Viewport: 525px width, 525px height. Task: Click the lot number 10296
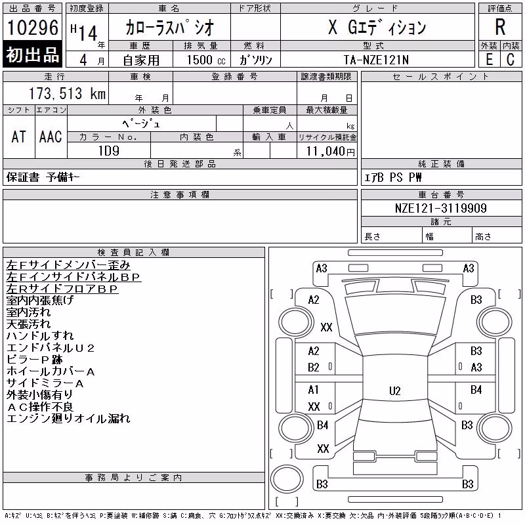click(x=33, y=28)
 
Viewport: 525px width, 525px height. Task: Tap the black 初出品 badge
click(x=32, y=54)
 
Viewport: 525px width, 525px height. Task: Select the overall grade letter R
click(x=500, y=27)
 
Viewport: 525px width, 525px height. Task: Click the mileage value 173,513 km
click(x=67, y=93)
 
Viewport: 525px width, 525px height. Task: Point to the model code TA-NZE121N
click(x=376, y=60)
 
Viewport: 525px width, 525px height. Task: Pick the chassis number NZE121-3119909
click(x=440, y=208)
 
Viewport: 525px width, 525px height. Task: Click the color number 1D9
click(x=109, y=151)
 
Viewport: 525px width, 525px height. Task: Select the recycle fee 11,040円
click(x=331, y=152)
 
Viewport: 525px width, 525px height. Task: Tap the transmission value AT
click(x=19, y=136)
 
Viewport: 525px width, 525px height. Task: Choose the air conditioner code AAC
click(x=51, y=136)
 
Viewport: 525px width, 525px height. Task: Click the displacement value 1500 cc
click(x=206, y=60)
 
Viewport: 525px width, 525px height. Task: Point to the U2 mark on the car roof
click(x=395, y=390)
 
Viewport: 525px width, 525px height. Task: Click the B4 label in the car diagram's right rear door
click(x=476, y=390)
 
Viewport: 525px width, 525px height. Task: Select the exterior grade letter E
click(x=489, y=60)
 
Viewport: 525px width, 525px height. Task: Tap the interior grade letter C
click(x=511, y=60)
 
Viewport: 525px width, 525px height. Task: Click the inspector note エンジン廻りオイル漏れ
click(x=68, y=419)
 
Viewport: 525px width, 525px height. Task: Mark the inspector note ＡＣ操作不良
click(x=40, y=407)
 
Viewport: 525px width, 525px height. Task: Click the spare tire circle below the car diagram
click(x=287, y=478)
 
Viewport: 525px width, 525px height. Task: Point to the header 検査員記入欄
click(x=133, y=252)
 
